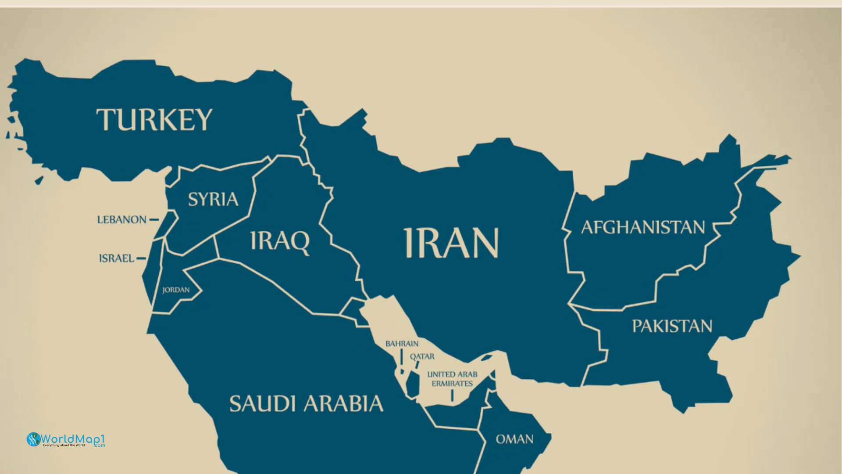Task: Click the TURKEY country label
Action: [154, 119]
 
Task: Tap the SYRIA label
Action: [213, 199]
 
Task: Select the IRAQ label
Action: [280, 241]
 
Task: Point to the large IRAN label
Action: [451, 243]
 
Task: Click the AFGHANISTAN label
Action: [643, 227]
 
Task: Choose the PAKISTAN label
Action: [672, 326]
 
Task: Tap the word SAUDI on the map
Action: [261, 403]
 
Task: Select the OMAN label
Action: [514, 439]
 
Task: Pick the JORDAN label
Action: [176, 290]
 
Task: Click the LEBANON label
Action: [122, 219]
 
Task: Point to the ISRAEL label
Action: [117, 258]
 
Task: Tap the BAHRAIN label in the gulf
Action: [402, 344]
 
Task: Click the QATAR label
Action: [422, 356]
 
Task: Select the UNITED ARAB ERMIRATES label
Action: [452, 379]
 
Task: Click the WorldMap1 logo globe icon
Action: [33, 439]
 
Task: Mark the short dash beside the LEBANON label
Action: [154, 219]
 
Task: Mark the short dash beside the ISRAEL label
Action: [141, 259]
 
